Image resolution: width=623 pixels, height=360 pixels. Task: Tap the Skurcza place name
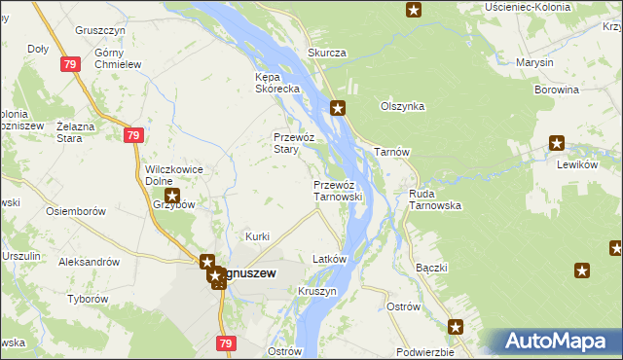(x=327, y=53)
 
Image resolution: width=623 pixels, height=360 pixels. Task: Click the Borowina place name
(x=557, y=89)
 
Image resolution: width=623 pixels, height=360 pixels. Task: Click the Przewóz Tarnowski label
(x=338, y=190)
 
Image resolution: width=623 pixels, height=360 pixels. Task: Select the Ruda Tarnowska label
(x=435, y=199)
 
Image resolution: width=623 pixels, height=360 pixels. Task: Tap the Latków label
(x=329, y=259)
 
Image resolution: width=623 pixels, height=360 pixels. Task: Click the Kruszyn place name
(x=318, y=291)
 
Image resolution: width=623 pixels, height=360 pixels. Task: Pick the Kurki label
(x=257, y=236)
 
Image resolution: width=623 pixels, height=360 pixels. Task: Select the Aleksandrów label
(x=89, y=262)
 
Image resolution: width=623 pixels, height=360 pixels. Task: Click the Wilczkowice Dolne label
(x=173, y=174)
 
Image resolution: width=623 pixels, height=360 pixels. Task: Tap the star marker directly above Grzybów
(x=171, y=196)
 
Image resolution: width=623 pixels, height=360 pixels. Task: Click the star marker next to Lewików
(x=557, y=143)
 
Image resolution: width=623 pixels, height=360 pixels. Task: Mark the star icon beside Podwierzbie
(x=456, y=327)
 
